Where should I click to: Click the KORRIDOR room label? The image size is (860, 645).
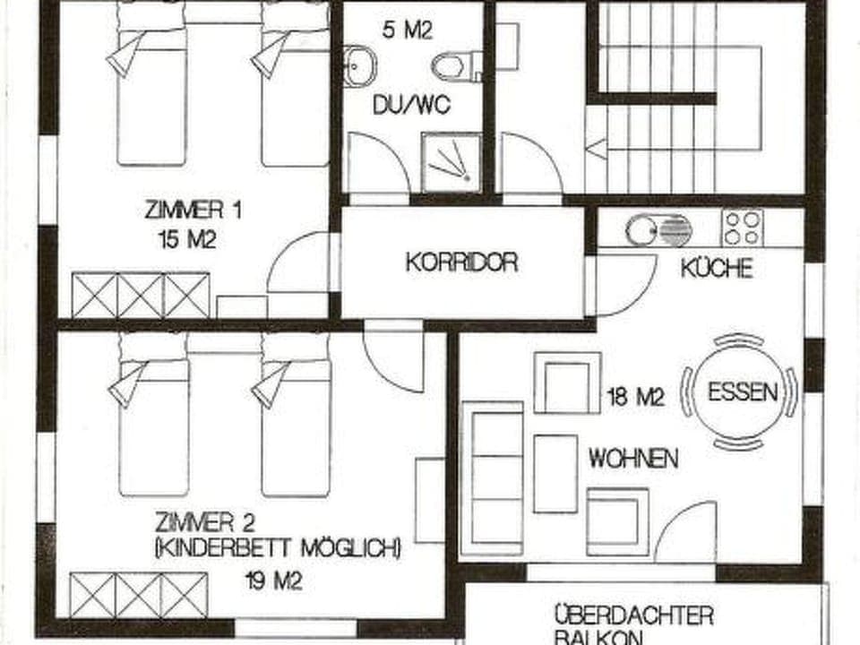[x=461, y=262]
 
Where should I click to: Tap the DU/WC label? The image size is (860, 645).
[x=412, y=106]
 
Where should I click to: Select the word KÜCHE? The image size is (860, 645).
[x=717, y=268]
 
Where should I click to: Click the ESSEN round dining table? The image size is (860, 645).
[x=739, y=392]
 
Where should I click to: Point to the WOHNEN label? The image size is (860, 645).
[x=632, y=460]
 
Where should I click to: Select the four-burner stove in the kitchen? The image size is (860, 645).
[x=743, y=228]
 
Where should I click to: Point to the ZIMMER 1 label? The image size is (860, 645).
[x=193, y=211]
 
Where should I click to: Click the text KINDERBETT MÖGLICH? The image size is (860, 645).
[x=278, y=547]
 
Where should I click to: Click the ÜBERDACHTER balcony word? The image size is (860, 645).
[x=633, y=615]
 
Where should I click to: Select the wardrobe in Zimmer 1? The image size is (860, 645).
[x=141, y=296]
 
